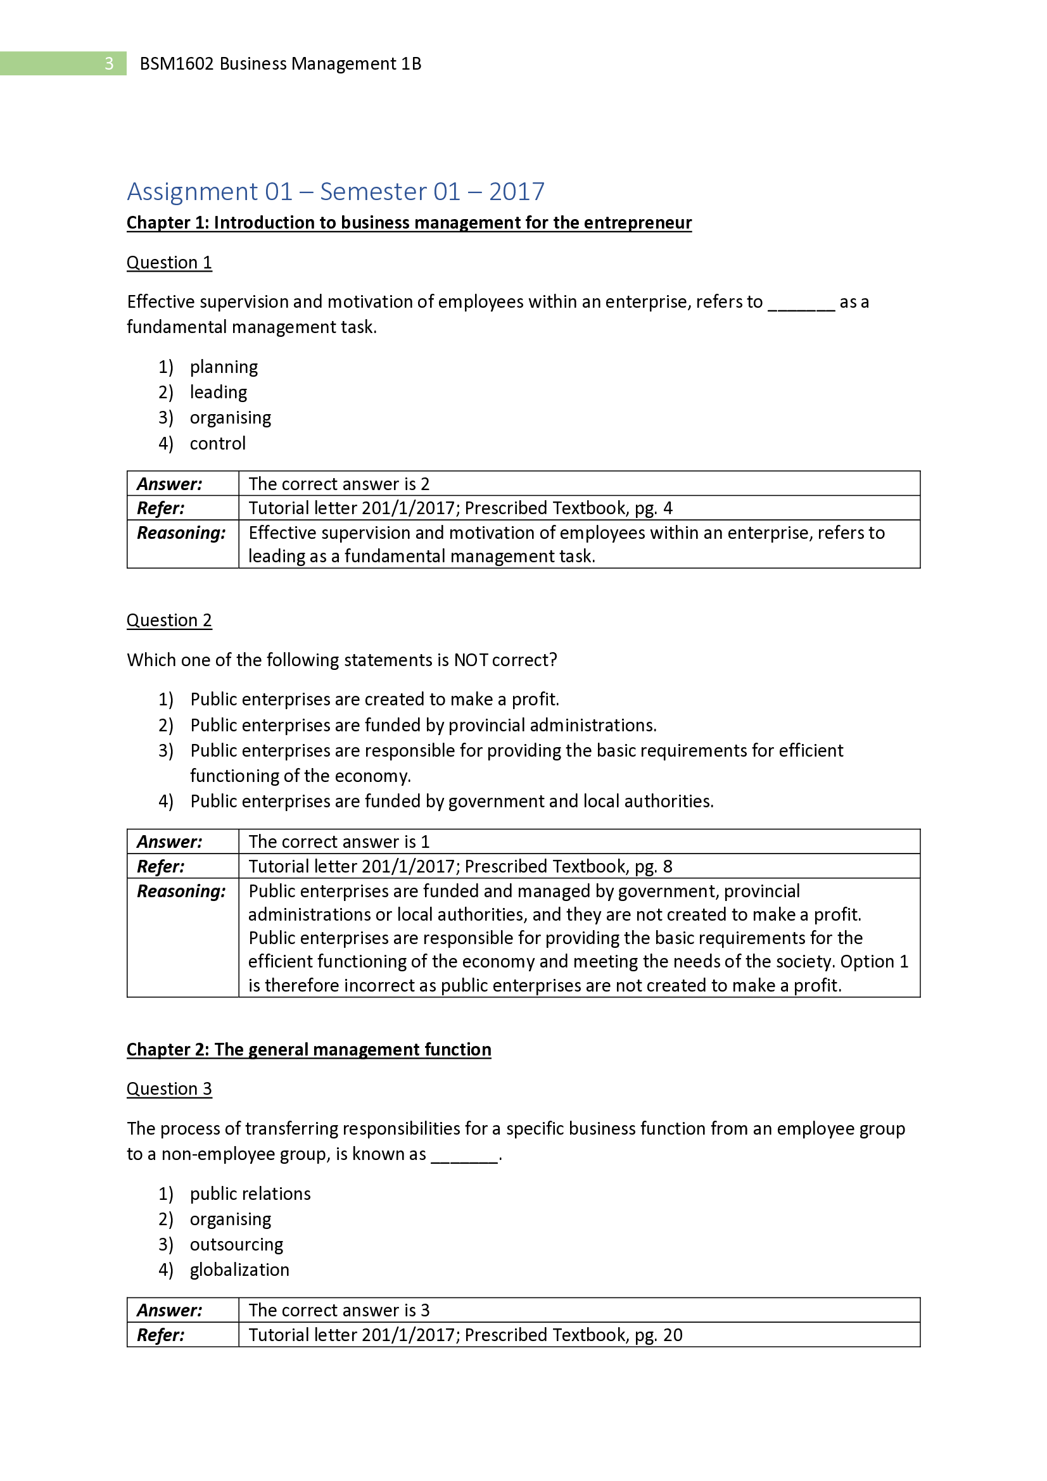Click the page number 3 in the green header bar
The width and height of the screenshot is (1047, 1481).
click(x=109, y=63)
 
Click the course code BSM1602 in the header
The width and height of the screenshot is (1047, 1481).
click(x=176, y=64)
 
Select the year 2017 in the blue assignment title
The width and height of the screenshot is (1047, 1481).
click(x=516, y=192)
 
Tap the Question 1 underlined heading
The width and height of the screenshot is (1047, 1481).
click(x=169, y=263)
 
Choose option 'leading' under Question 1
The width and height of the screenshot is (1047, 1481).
click(x=218, y=392)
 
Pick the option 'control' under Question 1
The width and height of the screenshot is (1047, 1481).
click(x=217, y=443)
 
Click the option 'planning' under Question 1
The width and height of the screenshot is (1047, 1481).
click(x=223, y=367)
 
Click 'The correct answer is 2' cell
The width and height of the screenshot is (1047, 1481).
click(x=339, y=484)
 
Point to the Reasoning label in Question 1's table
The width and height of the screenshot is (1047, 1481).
click(x=181, y=533)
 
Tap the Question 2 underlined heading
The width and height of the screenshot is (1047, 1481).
click(x=169, y=620)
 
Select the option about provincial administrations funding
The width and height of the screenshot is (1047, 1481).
click(x=422, y=725)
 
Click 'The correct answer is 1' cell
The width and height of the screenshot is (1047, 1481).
click(x=339, y=841)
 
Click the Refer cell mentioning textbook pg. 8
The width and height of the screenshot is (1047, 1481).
click(x=460, y=866)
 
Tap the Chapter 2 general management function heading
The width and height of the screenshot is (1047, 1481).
click(x=308, y=1049)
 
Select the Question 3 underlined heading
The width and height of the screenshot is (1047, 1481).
click(x=169, y=1089)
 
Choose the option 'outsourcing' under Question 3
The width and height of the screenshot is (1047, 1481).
click(x=236, y=1244)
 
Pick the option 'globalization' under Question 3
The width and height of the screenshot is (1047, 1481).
click(x=239, y=1270)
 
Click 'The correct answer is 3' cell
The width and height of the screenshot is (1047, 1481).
click(x=339, y=1310)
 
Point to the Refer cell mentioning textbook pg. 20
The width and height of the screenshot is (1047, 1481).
click(x=464, y=1335)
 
